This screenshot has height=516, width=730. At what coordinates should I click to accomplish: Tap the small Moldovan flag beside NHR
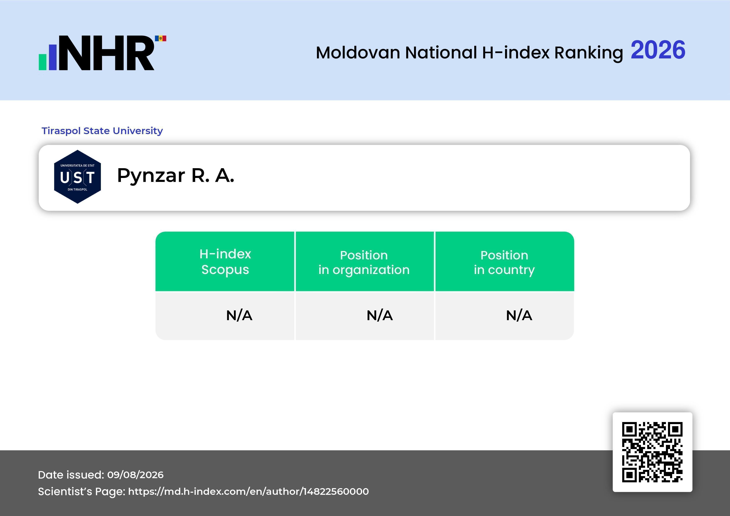coord(161,38)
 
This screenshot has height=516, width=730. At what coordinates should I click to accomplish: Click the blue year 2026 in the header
coord(658,50)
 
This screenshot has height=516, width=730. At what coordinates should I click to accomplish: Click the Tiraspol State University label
coord(102,131)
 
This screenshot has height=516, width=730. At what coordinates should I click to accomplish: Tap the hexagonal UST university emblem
coord(78,177)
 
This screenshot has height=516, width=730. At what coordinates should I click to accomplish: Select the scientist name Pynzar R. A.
coord(175,176)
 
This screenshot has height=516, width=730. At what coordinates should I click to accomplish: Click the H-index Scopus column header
coord(225,262)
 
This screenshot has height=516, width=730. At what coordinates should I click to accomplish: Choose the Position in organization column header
coord(364,262)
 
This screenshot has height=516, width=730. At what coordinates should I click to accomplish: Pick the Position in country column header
coord(504,262)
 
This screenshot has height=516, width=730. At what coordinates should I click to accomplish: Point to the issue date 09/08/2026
coord(135,475)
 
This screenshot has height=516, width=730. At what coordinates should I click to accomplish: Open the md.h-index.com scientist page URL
coord(248,491)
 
